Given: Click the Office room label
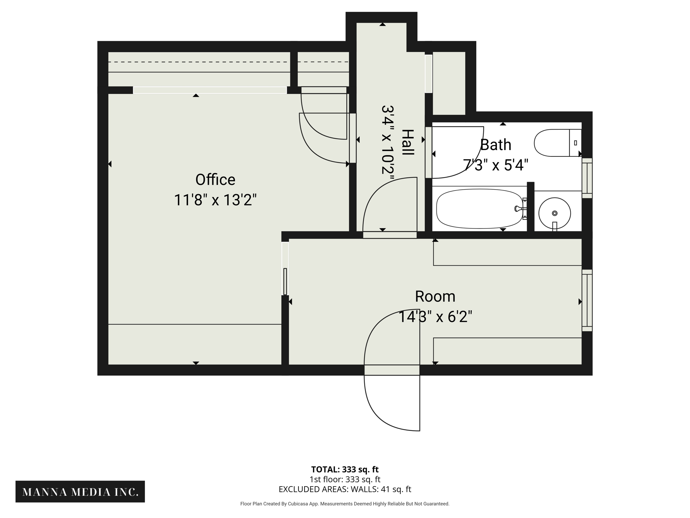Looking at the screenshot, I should tap(215, 180).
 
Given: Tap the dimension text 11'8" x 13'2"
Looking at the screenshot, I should tap(215, 200).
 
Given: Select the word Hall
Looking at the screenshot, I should tap(408, 142).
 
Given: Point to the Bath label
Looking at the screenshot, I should tap(495, 145).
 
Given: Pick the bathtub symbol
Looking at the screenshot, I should tap(479, 209).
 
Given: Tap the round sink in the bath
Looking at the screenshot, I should tap(554, 213).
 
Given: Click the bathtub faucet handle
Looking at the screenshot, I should tap(517, 209).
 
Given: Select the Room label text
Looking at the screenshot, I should tap(435, 296).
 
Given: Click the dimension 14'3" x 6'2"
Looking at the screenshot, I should tap(435, 317).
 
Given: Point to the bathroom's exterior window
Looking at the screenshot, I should tap(587, 178).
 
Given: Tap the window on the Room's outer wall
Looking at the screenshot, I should tap(587, 300).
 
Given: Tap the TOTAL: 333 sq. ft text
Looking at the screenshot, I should tap(345, 469).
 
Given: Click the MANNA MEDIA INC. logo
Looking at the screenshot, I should tap(80, 492).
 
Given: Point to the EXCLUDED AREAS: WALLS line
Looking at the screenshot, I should tap(345, 489).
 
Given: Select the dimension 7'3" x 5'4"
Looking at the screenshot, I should tap(495, 165).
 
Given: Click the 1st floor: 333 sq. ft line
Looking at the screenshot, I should tap(345, 479).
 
